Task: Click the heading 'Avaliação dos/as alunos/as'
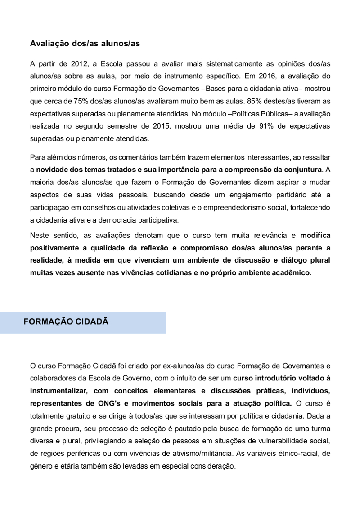point(85,44)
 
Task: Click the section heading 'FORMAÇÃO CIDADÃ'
point(66,322)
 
